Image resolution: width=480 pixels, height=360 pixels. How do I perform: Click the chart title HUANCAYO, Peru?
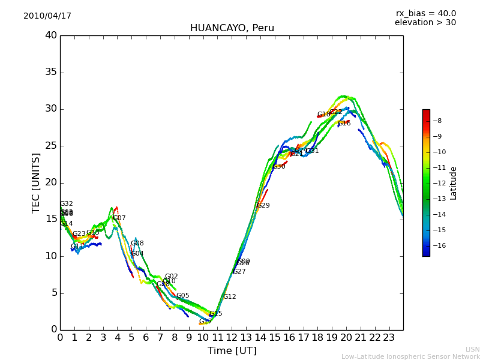232,28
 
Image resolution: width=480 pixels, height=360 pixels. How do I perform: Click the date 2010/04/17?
47,16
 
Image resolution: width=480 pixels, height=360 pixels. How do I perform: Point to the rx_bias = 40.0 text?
425,14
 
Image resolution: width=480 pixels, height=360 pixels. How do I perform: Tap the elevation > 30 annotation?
425,23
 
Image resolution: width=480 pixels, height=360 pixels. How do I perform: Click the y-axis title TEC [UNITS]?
37,182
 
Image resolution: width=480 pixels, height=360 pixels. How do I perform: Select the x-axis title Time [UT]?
232,350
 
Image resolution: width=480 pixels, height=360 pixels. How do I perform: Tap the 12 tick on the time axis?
232,337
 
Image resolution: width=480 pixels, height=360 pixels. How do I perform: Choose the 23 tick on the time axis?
389,337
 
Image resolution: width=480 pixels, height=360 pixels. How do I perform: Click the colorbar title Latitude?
454,182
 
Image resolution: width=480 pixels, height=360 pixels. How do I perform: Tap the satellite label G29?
263,206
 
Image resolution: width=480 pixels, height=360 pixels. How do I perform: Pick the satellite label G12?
229,297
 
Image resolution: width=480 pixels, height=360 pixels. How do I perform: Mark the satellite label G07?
119,218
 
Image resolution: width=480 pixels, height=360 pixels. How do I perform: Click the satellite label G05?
182,296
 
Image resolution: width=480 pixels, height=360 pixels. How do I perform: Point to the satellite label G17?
205,322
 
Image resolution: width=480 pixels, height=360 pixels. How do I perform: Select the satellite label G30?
279,167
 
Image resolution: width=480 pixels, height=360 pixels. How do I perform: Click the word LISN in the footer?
472,349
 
